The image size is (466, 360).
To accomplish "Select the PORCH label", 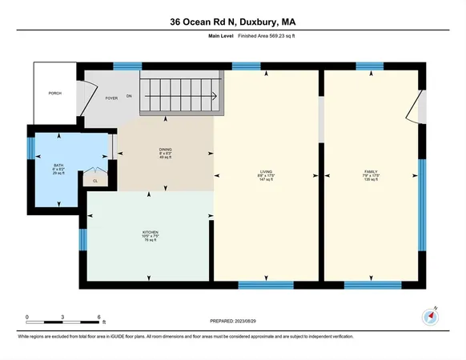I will pyautogui.click(x=55, y=94).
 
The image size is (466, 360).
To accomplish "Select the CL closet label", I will pyautogui.click(x=94, y=181).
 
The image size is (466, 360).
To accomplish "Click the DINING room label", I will pyautogui.click(x=165, y=152).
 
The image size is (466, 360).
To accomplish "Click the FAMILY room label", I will pyautogui.click(x=372, y=171).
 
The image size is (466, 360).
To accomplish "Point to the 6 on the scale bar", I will pyautogui.click(x=98, y=317).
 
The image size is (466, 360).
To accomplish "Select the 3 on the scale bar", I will pyautogui.click(x=62, y=317).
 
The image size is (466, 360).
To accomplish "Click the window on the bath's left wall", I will pyautogui.click(x=31, y=148).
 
